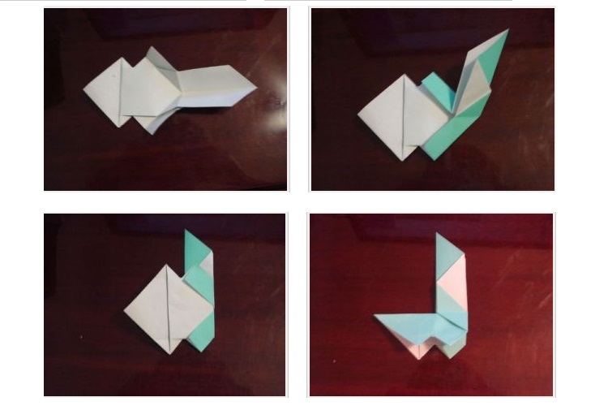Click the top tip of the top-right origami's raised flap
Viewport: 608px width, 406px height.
click(507, 30)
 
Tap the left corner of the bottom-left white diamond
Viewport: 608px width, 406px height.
click(125, 309)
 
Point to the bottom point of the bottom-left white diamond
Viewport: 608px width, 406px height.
click(169, 353)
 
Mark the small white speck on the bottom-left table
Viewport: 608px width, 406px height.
click(80, 335)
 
